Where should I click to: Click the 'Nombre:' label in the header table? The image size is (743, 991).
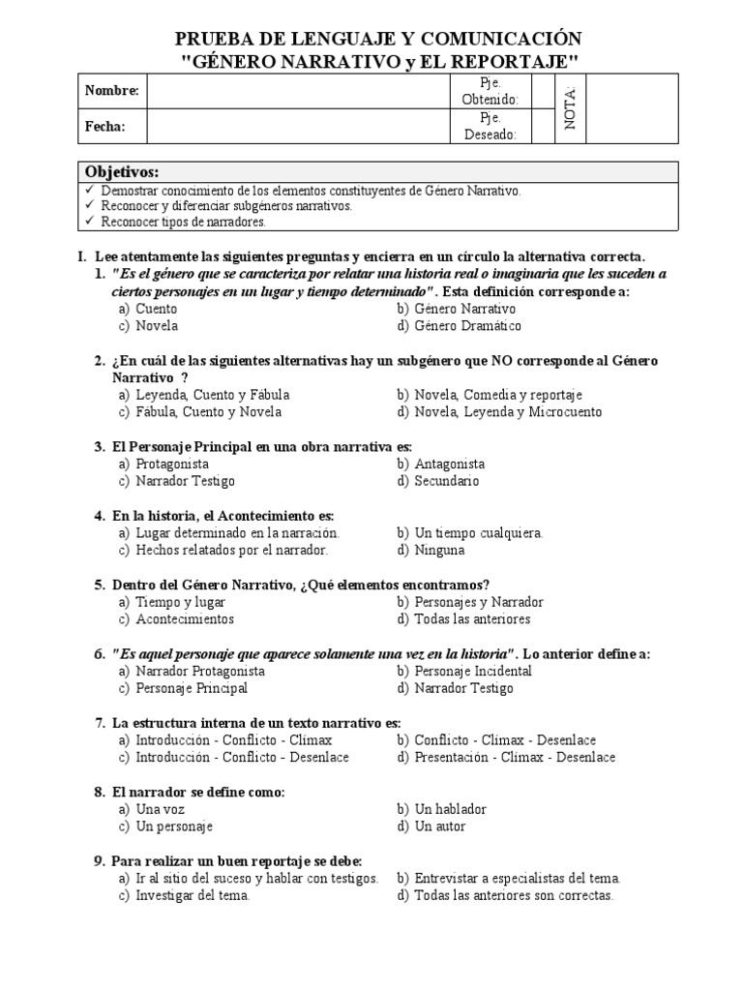[112, 91]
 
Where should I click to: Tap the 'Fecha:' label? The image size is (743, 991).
[104, 126]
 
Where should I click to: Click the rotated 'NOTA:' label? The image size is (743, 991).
[569, 108]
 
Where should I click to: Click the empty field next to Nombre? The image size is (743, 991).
[299, 91]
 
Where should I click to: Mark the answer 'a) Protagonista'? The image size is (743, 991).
[163, 464]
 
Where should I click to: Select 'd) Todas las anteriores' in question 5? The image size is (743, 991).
[463, 618]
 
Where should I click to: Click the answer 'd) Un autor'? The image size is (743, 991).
[431, 826]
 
